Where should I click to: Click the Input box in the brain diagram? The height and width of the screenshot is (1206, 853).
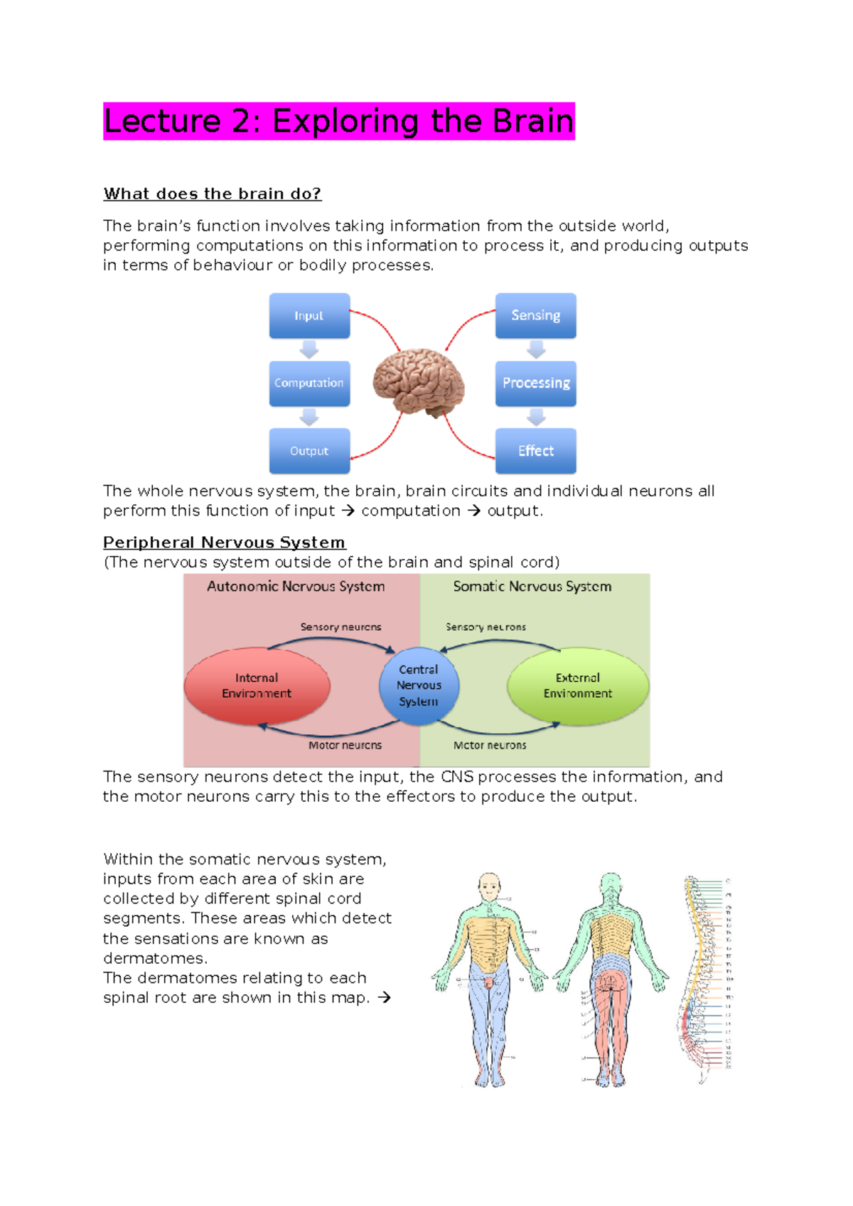coord(309,315)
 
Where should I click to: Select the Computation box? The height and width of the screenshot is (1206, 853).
coord(309,383)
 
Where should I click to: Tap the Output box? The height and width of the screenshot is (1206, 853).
coord(309,451)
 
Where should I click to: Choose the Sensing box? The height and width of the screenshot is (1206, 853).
coord(535,315)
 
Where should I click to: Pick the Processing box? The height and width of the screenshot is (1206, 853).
coord(535,383)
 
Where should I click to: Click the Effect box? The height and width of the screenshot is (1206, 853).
coord(535,451)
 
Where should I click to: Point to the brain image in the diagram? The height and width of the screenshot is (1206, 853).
coord(419,382)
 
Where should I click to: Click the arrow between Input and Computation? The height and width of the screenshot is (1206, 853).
coord(309,349)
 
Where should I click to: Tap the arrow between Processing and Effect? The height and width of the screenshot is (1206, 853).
coord(536,417)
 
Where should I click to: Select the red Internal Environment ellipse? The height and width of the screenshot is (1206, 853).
coord(257,686)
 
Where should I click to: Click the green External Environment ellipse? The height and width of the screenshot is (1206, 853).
coord(578,686)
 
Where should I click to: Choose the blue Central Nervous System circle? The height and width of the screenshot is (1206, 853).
coord(419,686)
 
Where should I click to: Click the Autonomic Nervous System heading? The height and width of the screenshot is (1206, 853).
coord(296,587)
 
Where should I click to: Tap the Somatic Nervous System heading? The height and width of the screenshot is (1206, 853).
coord(532,587)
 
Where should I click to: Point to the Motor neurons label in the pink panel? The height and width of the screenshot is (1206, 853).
coord(345,746)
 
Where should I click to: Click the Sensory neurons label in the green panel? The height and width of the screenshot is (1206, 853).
coord(485,627)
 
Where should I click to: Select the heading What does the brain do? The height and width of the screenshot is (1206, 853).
coord(212,194)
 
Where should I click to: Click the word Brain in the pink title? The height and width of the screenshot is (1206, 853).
coord(532,121)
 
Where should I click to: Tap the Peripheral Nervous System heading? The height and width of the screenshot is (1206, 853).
coord(224,543)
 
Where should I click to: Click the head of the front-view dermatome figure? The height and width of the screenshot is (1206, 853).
coord(489,886)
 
